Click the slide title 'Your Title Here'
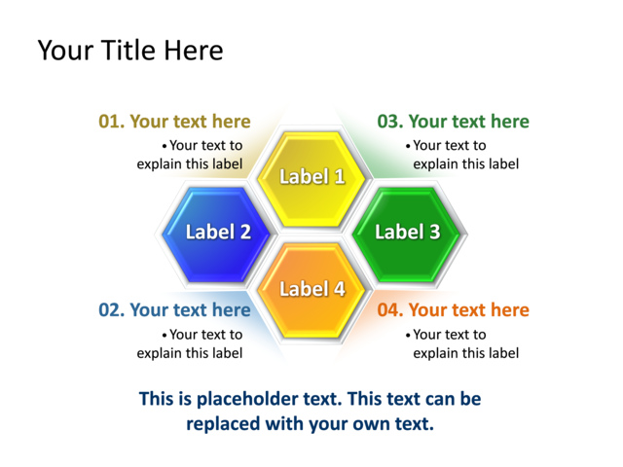tap(129, 50)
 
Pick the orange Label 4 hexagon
tap(311, 289)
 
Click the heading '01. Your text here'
tap(174, 122)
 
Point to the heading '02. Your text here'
tap(174, 310)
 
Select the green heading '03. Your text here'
tap(453, 122)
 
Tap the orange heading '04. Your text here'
tap(453, 310)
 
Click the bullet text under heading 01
tap(190, 155)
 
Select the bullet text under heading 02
tap(190, 343)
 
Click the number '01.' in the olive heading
tap(111, 122)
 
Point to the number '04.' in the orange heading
tap(390, 310)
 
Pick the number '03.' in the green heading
tap(390, 122)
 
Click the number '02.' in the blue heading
tap(111, 310)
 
